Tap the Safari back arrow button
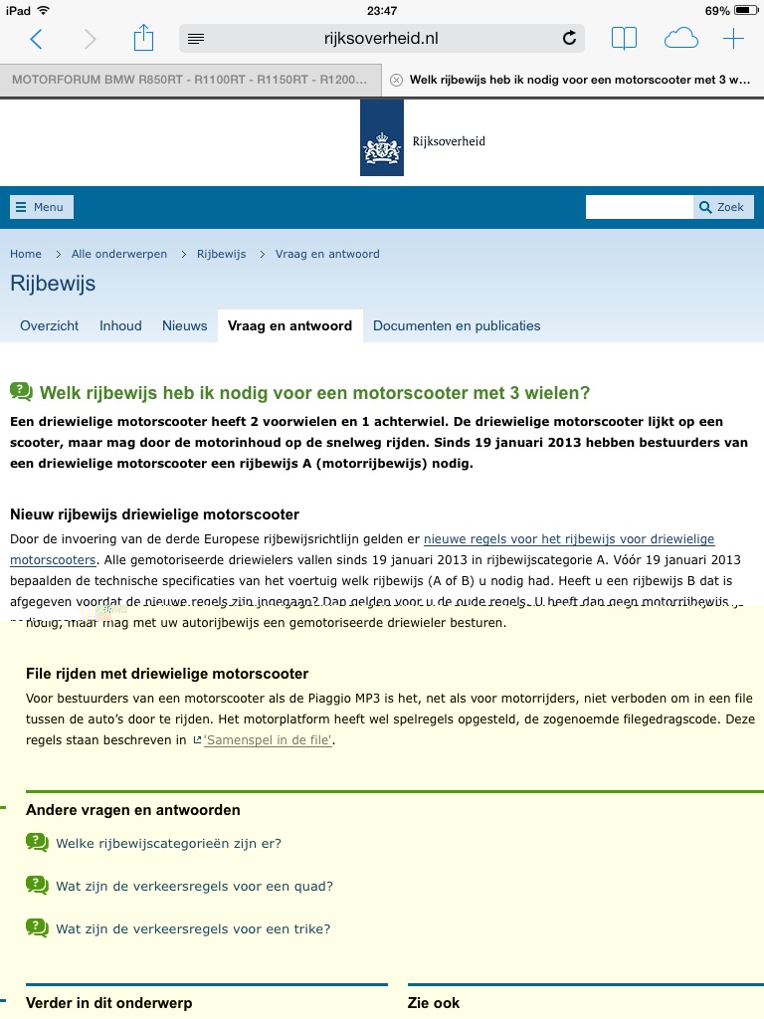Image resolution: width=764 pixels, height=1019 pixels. pyautogui.click(x=37, y=39)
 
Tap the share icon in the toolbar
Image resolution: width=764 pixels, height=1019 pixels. pyautogui.click(x=144, y=39)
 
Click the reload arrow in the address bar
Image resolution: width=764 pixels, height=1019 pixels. pyautogui.click(x=569, y=39)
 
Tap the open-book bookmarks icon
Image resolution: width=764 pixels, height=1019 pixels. pyautogui.click(x=624, y=39)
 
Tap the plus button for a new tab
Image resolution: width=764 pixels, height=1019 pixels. pyautogui.click(x=733, y=39)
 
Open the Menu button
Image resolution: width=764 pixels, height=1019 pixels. pyautogui.click(x=41, y=207)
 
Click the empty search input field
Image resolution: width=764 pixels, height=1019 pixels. pyautogui.click(x=639, y=207)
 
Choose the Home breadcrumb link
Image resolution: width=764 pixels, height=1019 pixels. pyautogui.click(x=26, y=254)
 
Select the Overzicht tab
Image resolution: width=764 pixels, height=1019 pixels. pyautogui.click(x=49, y=325)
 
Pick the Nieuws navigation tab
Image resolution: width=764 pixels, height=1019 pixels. pyautogui.click(x=184, y=325)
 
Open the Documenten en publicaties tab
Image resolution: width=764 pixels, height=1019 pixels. pyautogui.click(x=457, y=325)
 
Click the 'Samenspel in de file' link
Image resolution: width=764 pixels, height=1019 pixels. pyautogui.click(x=268, y=740)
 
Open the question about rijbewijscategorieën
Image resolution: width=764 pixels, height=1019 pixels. pyautogui.click(x=168, y=843)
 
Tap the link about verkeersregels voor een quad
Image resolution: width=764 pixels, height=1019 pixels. pyautogui.click(x=194, y=886)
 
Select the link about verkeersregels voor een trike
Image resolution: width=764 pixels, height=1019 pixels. pyautogui.click(x=193, y=928)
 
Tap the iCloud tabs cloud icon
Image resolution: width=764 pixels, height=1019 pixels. pyautogui.click(x=680, y=39)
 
